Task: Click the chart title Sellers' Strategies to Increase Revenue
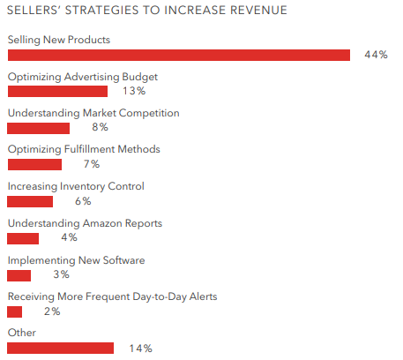[147, 11]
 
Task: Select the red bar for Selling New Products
[179, 55]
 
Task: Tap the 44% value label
[376, 55]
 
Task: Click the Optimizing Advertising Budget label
[83, 77]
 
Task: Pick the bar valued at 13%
[57, 91]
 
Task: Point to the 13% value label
[134, 91]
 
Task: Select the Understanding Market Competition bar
[38, 129]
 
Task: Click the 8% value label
[100, 127]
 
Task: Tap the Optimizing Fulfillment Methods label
[84, 149]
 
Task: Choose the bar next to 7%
[34, 165]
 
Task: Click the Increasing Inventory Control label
[76, 186]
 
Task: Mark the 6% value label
[83, 201]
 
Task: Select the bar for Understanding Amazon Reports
[23, 238]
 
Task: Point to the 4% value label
[69, 237]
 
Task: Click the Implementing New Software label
[76, 260]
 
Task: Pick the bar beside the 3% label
[19, 275]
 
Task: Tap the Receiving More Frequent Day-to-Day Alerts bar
[14, 312]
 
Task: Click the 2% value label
[52, 311]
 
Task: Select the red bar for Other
[60, 349]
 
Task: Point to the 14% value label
[140, 349]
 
